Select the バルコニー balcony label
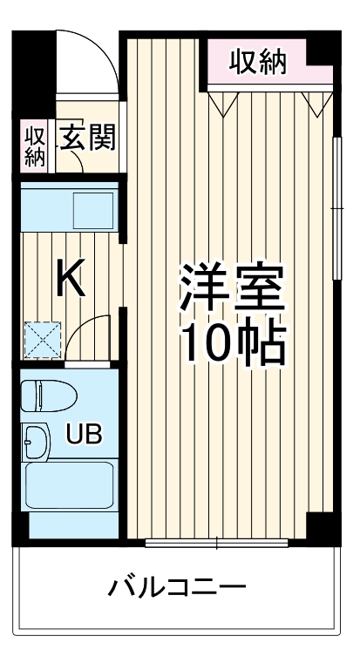tap(176, 586)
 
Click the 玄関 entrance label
tap(87, 137)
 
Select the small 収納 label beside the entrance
tap(35, 145)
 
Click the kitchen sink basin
tap(92, 209)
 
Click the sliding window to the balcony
tap(217, 545)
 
